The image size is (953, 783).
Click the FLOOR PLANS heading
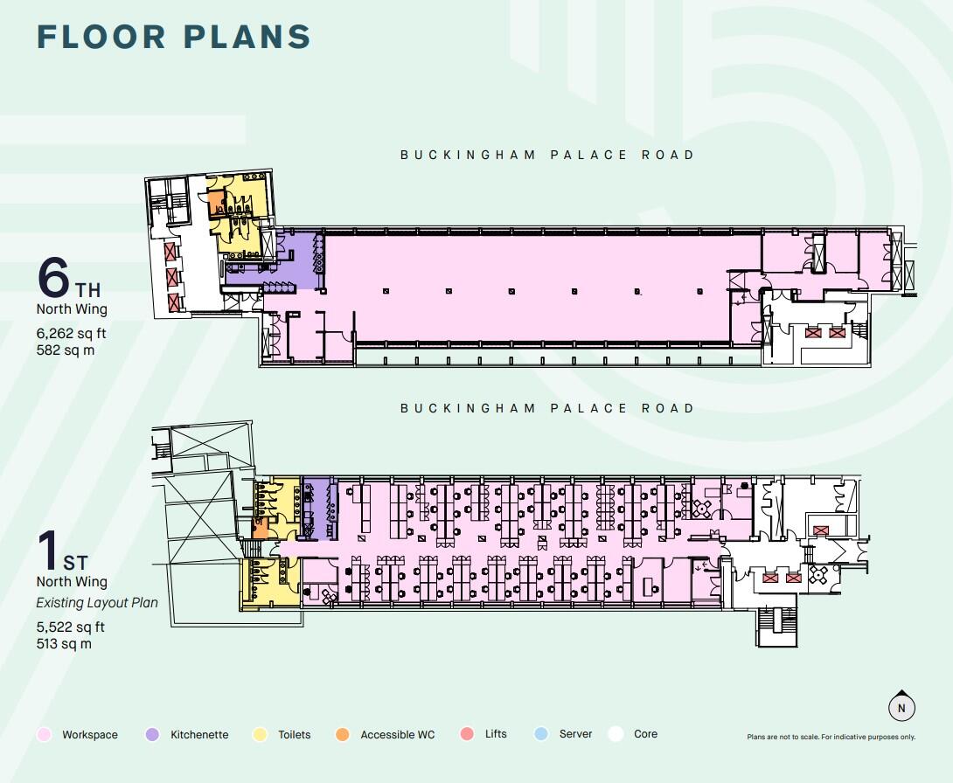(x=174, y=37)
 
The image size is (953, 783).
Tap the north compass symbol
(x=901, y=708)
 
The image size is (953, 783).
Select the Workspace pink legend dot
(x=43, y=735)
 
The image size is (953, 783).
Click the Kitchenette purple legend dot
(x=152, y=735)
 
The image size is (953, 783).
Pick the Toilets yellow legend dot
(x=260, y=735)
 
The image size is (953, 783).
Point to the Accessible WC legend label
(x=397, y=735)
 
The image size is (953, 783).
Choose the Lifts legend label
(x=496, y=734)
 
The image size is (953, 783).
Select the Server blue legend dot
(x=542, y=735)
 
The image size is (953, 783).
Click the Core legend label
(x=645, y=734)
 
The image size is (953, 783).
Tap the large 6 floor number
(x=53, y=278)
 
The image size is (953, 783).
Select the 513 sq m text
(x=64, y=644)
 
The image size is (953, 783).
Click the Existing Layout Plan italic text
(x=96, y=602)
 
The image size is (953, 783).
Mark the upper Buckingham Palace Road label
(x=547, y=155)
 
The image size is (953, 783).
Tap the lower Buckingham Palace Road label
(x=547, y=408)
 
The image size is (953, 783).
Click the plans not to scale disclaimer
(x=831, y=738)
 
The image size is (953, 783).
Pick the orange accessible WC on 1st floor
(x=261, y=530)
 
